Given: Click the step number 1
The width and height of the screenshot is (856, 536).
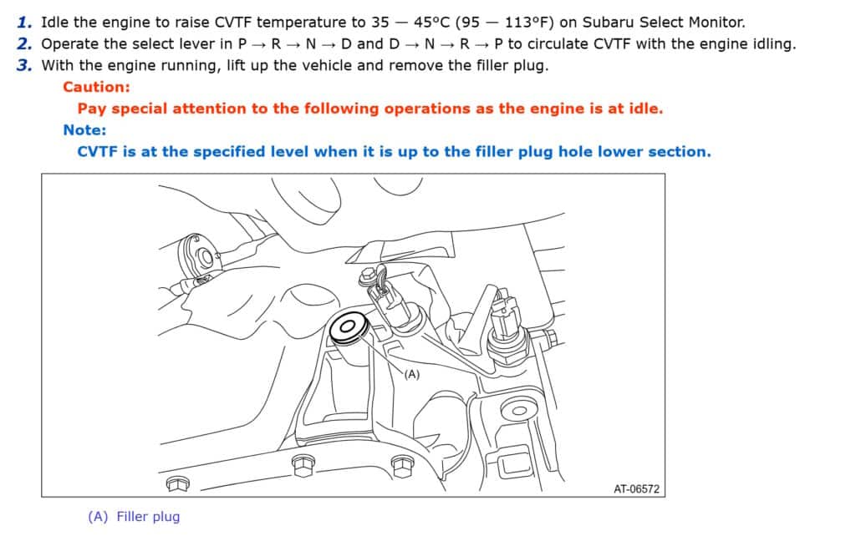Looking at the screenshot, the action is click(24, 23).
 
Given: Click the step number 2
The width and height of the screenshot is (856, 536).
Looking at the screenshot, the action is click(24, 43).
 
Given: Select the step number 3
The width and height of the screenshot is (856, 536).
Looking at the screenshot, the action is click(24, 65).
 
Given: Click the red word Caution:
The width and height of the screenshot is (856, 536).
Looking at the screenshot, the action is click(97, 87).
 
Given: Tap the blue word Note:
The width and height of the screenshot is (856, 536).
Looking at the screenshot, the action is click(84, 130).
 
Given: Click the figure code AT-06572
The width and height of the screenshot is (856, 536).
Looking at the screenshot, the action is click(636, 489).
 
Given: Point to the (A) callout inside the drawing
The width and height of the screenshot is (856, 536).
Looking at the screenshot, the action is click(412, 375).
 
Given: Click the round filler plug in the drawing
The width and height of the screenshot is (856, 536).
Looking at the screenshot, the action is click(348, 328).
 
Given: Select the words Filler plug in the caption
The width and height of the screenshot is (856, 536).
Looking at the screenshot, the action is click(148, 516).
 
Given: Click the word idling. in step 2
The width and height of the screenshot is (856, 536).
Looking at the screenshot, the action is click(775, 43).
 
